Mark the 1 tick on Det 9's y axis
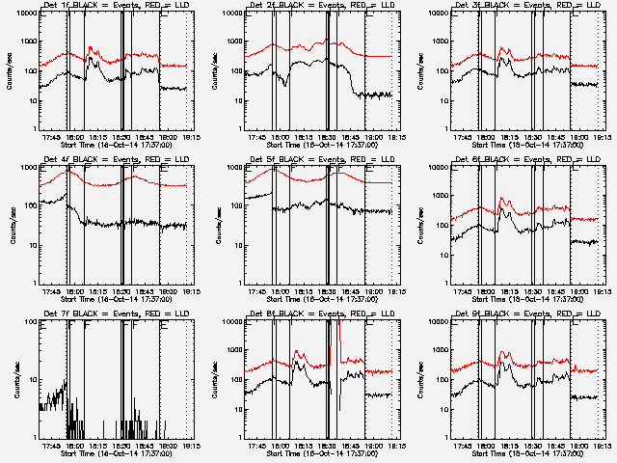click(445, 436)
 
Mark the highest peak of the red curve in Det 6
click(501, 199)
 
